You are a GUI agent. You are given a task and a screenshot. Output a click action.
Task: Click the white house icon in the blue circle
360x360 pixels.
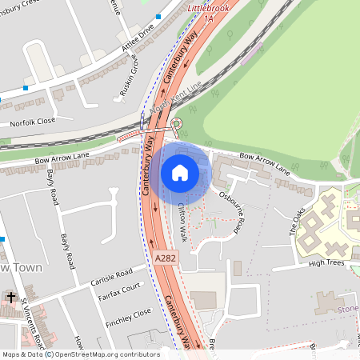(180, 173)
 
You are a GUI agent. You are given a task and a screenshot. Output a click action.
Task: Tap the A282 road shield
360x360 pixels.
(164, 258)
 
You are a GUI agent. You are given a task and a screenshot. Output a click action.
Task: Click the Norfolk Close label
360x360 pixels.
(33, 123)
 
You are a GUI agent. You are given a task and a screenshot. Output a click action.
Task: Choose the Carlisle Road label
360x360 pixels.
(111, 274)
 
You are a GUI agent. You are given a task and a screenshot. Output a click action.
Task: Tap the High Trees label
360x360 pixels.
(326, 262)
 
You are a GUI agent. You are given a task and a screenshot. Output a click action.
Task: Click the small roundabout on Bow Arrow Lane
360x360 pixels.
(177, 123)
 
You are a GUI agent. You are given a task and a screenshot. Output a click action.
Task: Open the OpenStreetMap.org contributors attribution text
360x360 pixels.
(106, 354)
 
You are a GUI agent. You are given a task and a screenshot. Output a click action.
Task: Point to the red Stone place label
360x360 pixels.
(348, 308)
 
